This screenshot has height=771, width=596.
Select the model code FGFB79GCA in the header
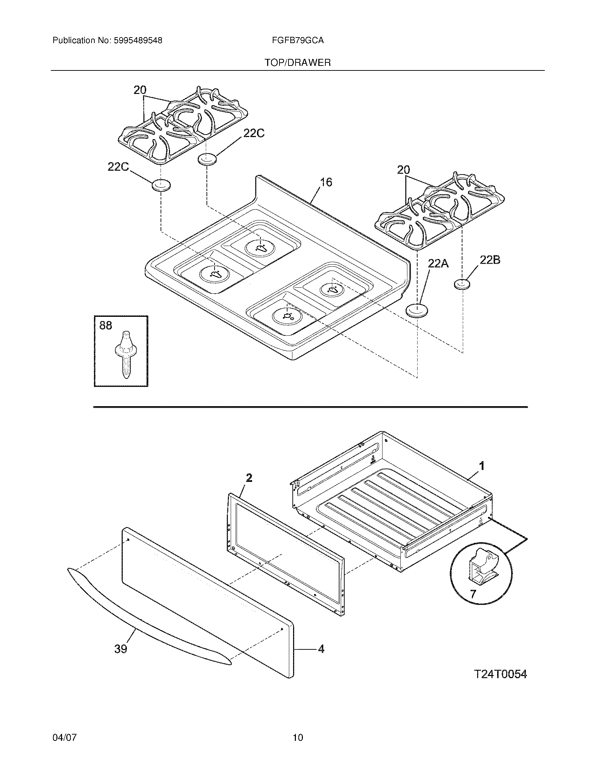[x=298, y=41]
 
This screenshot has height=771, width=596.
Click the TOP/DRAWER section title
[x=298, y=63]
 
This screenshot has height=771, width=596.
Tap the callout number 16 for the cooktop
[x=326, y=183]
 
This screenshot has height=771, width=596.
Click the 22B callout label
[x=490, y=260]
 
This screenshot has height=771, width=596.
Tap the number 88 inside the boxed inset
[x=106, y=326]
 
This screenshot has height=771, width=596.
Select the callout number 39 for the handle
[x=121, y=649]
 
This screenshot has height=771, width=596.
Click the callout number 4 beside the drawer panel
[x=320, y=649]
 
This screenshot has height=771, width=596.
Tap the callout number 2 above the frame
[x=249, y=478]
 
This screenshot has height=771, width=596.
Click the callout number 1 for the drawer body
[x=481, y=466]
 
